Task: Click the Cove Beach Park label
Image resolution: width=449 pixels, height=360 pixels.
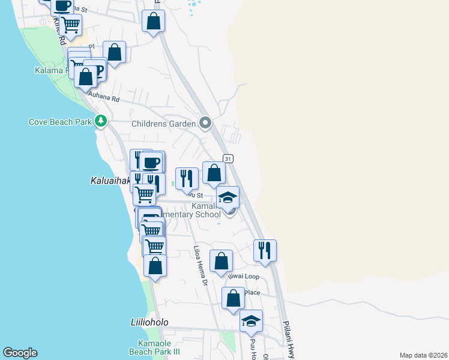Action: [x=60, y=122]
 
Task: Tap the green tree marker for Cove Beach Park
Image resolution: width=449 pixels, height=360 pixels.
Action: [x=101, y=122]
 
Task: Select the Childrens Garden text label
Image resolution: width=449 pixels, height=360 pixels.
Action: [x=164, y=124]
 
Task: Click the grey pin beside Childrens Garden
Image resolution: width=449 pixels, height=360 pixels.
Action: [x=205, y=124]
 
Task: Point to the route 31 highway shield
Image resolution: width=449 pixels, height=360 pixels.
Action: [x=228, y=158]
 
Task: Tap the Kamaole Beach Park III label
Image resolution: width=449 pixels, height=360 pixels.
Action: [x=155, y=347]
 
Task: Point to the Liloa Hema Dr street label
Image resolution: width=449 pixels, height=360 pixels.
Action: [x=200, y=265]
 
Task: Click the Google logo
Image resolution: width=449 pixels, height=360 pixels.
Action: [x=20, y=353]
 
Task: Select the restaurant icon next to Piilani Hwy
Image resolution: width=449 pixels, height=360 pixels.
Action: [x=265, y=250]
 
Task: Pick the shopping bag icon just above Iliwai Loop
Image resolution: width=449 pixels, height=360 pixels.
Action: [x=221, y=260]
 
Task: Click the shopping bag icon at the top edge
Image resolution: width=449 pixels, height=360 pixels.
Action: [x=154, y=21]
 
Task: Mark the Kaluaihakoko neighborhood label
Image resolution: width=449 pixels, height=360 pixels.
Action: [x=111, y=180]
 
